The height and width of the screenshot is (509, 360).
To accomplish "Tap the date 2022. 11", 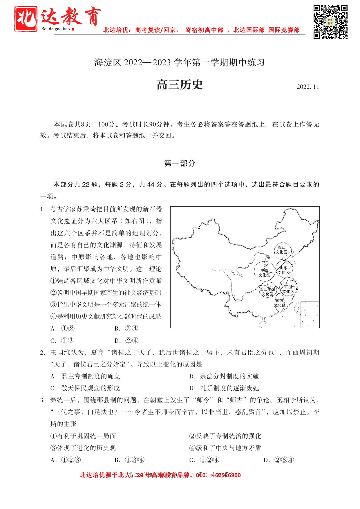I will (x=308, y=87).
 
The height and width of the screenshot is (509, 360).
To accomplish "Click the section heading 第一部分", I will (x=180, y=163).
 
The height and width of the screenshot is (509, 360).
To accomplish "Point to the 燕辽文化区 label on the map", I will (x=281, y=250).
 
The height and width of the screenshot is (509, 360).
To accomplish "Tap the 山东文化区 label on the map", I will (x=283, y=270).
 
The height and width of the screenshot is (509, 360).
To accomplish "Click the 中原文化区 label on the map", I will (x=264, y=273).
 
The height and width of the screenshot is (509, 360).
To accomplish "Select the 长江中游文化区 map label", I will (x=267, y=292).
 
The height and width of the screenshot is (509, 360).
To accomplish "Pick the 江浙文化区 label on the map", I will (x=289, y=289).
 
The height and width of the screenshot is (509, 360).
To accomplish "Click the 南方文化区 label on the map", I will (x=280, y=303).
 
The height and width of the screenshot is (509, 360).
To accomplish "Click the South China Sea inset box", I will (x=310, y=315).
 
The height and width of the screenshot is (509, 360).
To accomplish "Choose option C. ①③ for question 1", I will (x=62, y=340).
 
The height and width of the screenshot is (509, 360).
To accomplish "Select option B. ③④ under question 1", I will (x=126, y=328).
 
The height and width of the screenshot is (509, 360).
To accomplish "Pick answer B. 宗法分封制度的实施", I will (x=224, y=376).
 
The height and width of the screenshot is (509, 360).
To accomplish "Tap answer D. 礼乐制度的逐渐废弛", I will (x=224, y=388).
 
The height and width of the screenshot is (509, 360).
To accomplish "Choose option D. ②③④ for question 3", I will (x=279, y=460).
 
